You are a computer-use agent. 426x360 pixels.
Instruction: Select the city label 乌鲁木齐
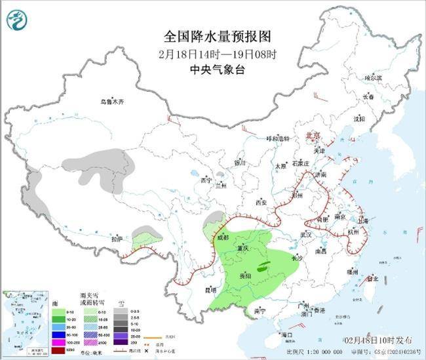click(x=112, y=102)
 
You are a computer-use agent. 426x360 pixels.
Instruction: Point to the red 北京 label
click(x=314, y=135)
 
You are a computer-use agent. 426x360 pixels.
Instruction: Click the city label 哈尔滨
click(x=373, y=77)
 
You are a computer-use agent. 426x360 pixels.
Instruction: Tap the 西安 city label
click(x=262, y=202)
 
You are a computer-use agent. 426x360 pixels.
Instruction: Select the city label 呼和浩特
click(x=277, y=138)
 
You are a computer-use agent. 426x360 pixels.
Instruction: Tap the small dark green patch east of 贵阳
click(x=263, y=267)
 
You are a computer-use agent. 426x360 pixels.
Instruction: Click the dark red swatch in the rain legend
click(x=59, y=348)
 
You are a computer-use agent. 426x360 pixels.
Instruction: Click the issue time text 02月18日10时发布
click(x=379, y=340)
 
